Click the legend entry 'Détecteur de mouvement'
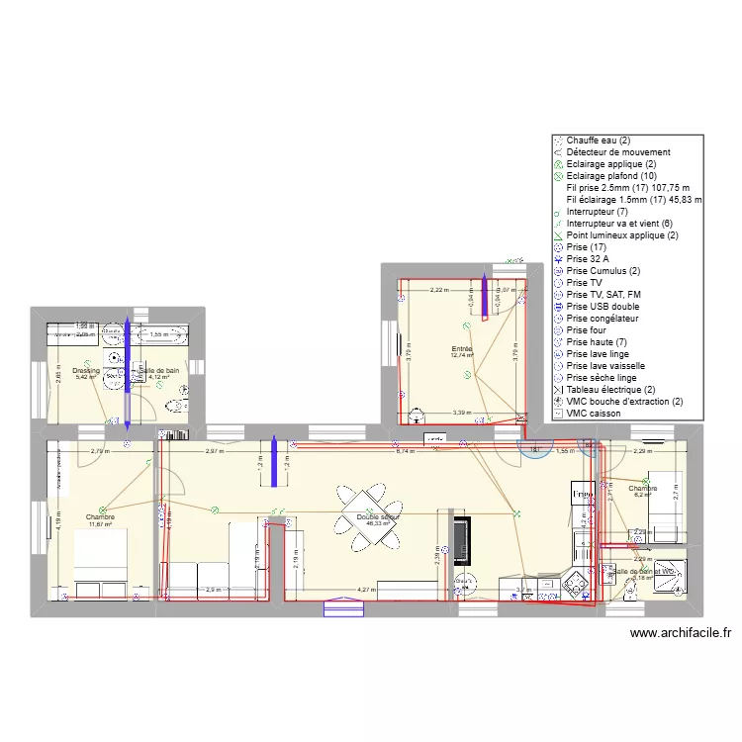click(618, 152)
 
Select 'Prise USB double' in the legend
click(603, 307)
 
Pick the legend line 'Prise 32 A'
click(590, 259)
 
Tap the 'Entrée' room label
click(462, 349)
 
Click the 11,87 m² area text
click(100, 524)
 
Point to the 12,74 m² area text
click(462, 356)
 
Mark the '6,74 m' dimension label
click(405, 451)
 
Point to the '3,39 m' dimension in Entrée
click(461, 413)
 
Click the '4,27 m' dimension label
click(367, 590)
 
